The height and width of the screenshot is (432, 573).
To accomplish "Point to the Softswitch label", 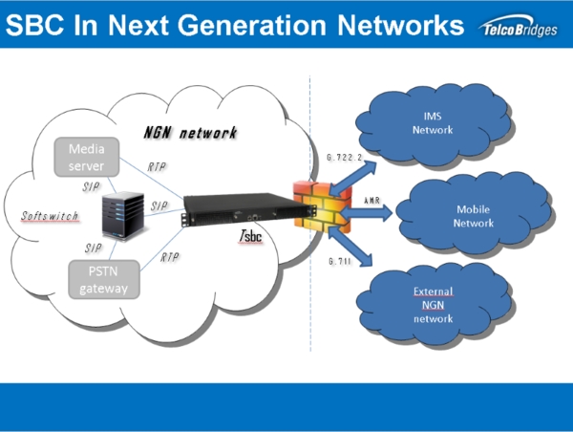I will click(x=50, y=216).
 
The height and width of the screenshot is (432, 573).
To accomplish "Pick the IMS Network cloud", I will click(x=432, y=122).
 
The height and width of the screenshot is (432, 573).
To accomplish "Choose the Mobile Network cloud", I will click(x=474, y=215).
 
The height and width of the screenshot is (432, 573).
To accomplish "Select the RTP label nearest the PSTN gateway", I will click(x=171, y=257).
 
